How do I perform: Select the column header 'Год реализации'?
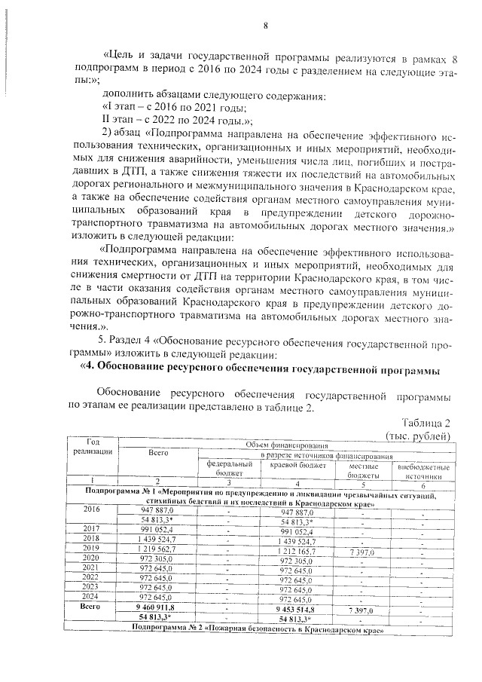pos(93,446)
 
